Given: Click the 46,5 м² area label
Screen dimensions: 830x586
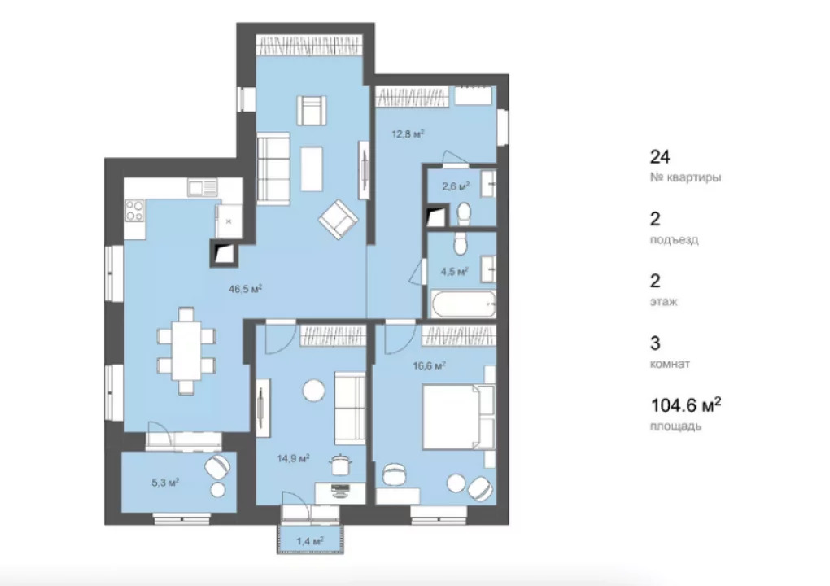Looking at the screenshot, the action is click(x=246, y=289).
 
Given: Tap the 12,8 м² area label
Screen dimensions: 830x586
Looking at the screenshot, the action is click(x=408, y=134).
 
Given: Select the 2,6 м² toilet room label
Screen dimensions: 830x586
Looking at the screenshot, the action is click(x=456, y=186).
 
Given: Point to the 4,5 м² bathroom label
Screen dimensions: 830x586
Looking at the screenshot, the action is click(x=455, y=272).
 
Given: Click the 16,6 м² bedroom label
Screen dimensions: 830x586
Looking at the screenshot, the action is click(x=429, y=365).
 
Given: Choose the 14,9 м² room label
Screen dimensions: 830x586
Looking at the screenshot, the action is click(x=293, y=458).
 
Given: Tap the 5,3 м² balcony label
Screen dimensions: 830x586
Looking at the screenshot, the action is click(x=165, y=483).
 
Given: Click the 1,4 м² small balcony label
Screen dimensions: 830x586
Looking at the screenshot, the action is click(x=310, y=541).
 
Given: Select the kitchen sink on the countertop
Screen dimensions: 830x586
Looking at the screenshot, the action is click(x=202, y=187).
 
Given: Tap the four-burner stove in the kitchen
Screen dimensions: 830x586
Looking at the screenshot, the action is click(x=134, y=210).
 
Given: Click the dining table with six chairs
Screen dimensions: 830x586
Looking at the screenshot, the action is click(x=186, y=351).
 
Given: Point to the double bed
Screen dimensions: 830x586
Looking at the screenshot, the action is click(x=458, y=418).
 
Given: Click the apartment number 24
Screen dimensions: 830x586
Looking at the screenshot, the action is click(x=660, y=157).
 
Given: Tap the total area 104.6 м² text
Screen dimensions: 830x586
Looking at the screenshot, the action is click(x=685, y=405).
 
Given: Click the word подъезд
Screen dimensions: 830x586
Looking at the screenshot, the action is click(x=675, y=240).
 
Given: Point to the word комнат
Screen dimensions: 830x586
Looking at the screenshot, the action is click(x=671, y=364).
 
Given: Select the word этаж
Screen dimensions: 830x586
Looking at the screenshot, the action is click(x=664, y=302).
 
